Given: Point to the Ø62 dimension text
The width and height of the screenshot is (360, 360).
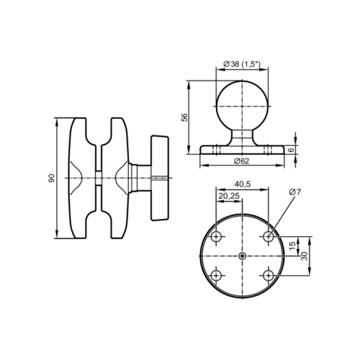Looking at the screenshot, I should tap(241, 161).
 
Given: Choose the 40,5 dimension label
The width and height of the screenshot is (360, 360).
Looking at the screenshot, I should tap(242, 184).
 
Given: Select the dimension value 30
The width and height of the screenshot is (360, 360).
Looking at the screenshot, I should tap(305, 257).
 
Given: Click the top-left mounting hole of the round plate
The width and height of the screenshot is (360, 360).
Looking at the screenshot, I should tap(216, 236).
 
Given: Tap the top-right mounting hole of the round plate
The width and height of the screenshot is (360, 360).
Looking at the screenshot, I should tap(269, 236).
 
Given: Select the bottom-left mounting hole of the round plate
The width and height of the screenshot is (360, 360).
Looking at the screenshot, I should tap(216, 275).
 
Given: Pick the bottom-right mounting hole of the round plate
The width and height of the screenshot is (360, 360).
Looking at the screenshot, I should tap(269, 275).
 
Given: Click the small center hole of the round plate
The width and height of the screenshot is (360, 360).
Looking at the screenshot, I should tap(242, 256).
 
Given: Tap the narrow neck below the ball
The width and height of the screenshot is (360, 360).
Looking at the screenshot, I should tap(242, 137).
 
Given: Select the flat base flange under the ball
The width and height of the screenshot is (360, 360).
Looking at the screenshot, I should tap(242, 149).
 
